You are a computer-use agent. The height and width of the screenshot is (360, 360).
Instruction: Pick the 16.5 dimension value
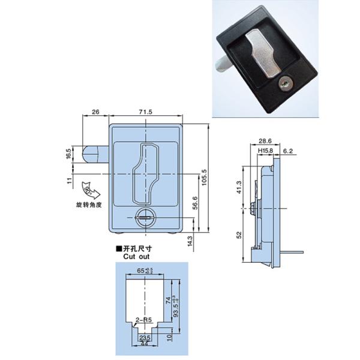point(69,154)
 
